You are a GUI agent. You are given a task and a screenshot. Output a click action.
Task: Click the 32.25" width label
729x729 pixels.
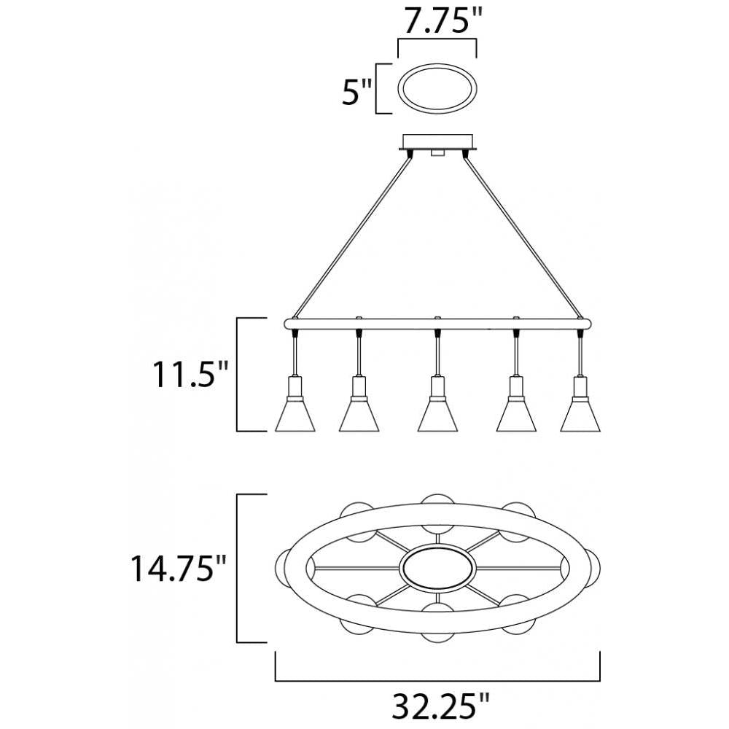(x=437, y=706)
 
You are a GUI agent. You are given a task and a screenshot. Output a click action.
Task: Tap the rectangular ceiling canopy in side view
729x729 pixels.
(x=437, y=141)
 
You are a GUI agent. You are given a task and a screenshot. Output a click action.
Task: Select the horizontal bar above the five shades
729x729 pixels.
(x=437, y=322)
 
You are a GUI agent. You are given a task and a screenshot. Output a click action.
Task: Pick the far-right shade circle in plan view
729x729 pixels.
(x=595, y=568)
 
